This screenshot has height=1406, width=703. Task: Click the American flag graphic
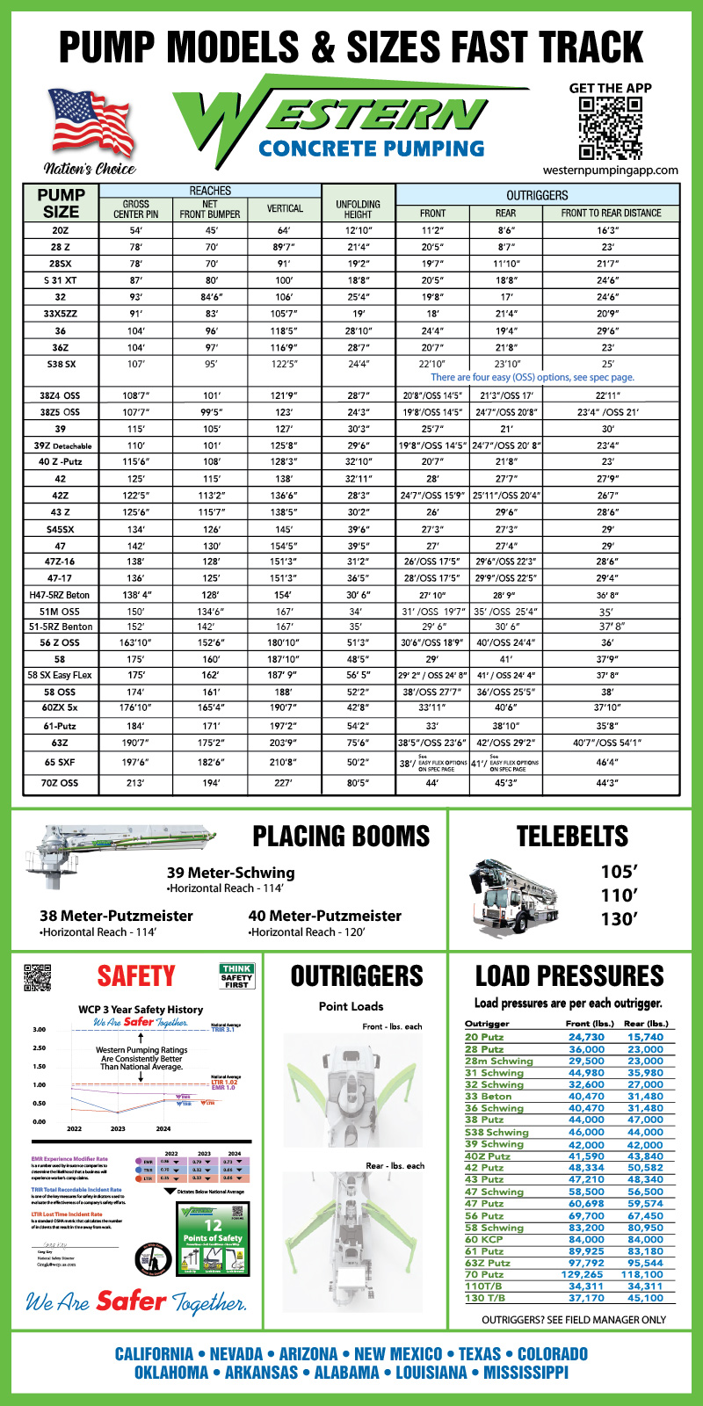[91, 123]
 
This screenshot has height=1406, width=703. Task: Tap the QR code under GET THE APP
[610, 127]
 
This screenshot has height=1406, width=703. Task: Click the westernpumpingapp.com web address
[611, 170]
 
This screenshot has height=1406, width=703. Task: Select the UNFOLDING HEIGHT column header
[359, 208]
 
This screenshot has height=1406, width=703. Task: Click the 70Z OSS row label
[60, 782]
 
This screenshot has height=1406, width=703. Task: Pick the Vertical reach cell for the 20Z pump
[284, 230]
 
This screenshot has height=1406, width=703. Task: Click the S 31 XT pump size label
[60, 280]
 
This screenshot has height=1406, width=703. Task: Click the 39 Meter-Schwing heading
[230, 873]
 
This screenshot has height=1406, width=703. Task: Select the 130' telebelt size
[618, 919]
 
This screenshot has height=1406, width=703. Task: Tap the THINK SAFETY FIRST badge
[236, 976]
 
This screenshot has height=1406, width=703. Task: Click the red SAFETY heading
[136, 976]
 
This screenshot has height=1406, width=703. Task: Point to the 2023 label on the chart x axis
[118, 1128]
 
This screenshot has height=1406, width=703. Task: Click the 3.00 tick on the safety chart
[39, 1029]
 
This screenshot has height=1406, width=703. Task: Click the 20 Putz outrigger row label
[484, 1037]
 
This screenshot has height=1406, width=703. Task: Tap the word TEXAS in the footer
[479, 1354]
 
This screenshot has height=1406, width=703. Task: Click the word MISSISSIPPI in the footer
[525, 1373]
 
